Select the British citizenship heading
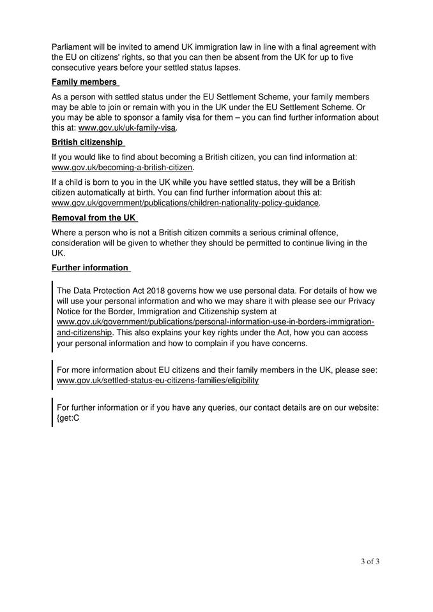tap(87, 142)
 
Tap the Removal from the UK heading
tap(93, 217)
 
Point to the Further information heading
tap(89, 268)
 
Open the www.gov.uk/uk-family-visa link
tap(127, 127)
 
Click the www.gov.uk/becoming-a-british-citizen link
tap(122, 168)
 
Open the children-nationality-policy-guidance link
tap(185, 203)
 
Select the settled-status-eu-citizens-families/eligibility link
tap(158, 381)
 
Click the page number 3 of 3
tap(370, 562)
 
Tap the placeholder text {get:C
tap(68, 418)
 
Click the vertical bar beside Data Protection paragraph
tap(53, 316)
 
